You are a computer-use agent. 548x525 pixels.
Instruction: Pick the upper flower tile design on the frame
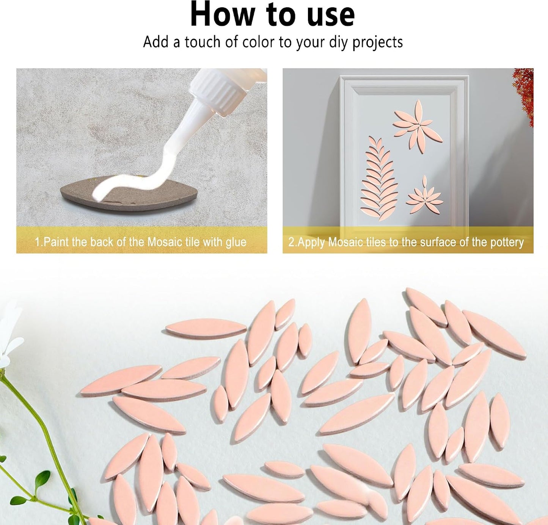[x=418, y=126]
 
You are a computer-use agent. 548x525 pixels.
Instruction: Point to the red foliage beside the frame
[x=524, y=96]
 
